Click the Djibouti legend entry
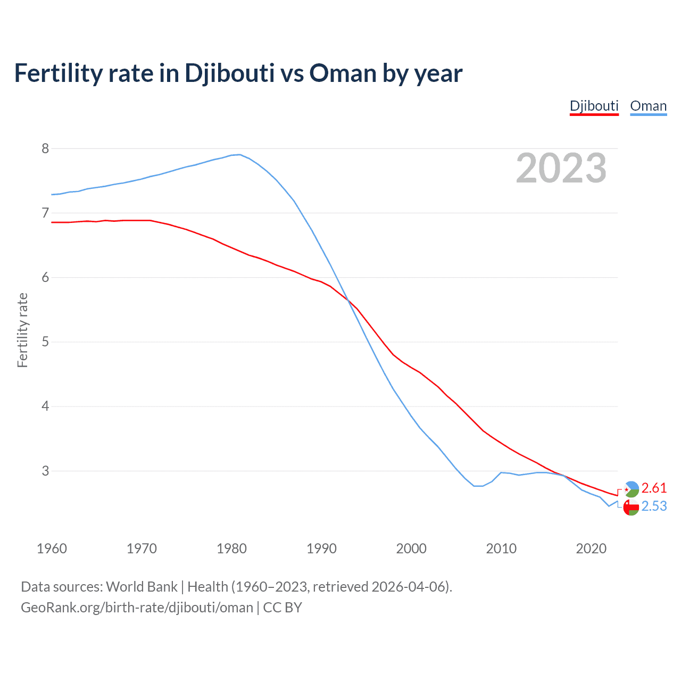(x=594, y=106)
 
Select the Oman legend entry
(x=648, y=106)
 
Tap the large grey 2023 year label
(x=561, y=168)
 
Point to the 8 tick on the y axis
(x=45, y=148)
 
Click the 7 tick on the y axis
(x=45, y=213)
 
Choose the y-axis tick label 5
(x=45, y=342)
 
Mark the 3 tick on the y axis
(x=45, y=471)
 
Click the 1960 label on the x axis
(x=52, y=549)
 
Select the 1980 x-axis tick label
(x=231, y=549)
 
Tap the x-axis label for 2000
(x=411, y=549)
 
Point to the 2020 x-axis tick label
(x=591, y=549)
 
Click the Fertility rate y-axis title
(x=22, y=330)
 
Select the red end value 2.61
(x=654, y=488)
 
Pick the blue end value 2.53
(x=654, y=506)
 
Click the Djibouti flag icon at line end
(x=631, y=489)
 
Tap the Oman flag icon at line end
(x=631, y=508)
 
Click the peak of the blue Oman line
(x=239, y=154)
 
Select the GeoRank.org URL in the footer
(x=137, y=607)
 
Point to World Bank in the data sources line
(x=142, y=586)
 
